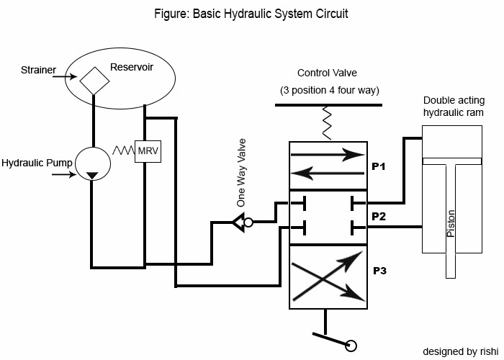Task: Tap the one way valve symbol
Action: point(241,222)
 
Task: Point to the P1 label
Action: point(379,166)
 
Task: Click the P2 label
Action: point(379,216)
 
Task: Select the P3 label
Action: point(380,271)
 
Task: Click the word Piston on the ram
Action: point(451,223)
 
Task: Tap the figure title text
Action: point(251,13)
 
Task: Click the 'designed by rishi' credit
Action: point(460,351)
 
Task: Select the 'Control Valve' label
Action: point(327,73)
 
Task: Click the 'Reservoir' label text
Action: point(132,67)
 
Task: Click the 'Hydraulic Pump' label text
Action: point(37,163)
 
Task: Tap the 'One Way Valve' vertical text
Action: point(241,183)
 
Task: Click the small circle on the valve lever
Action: point(351,346)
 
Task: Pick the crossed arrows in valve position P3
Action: point(326,274)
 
